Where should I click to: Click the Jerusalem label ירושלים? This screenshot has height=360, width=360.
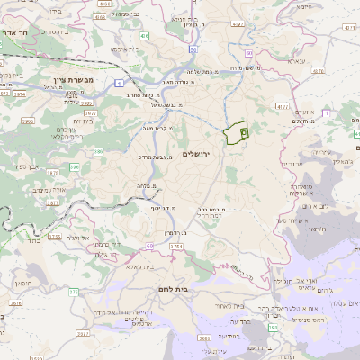tap(194, 155)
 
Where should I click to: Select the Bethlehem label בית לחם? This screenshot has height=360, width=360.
tap(183, 290)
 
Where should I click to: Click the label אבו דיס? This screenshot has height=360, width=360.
tap(293, 164)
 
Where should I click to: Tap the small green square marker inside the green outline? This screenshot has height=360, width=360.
tap(242, 132)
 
